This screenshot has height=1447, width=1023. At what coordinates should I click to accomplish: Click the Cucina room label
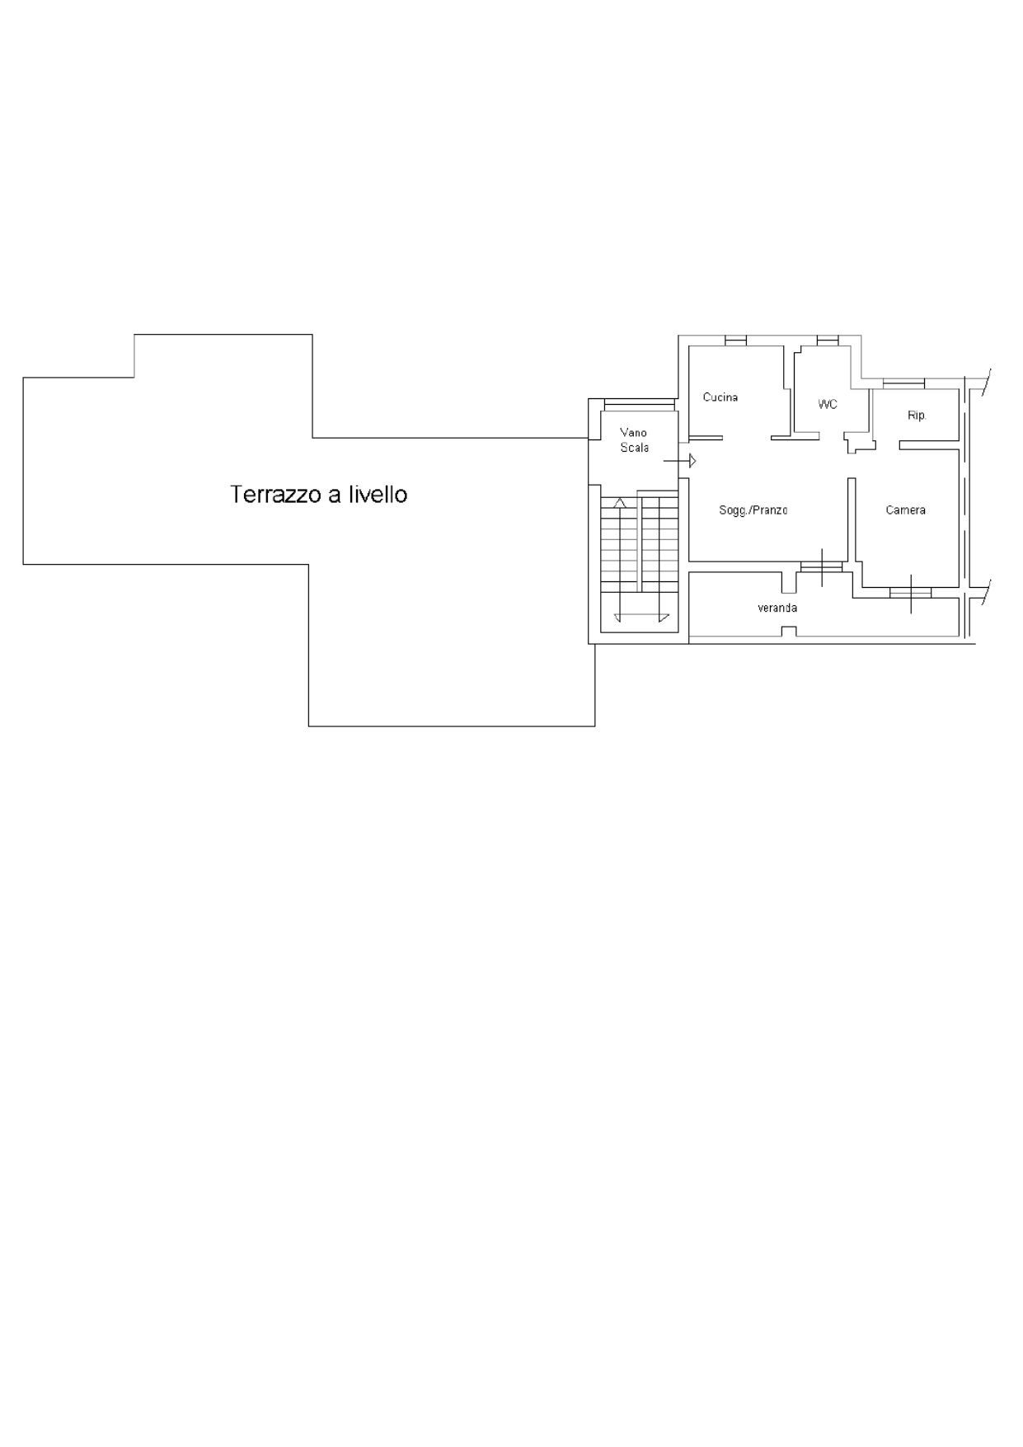(720, 397)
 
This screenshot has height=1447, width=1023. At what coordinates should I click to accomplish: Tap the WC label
(828, 404)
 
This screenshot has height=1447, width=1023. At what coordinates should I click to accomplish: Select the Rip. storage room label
(917, 416)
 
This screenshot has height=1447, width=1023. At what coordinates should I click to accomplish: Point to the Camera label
(905, 510)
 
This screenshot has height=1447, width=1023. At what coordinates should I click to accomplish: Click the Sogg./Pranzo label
(753, 510)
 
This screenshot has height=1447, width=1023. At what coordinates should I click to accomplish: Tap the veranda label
(777, 608)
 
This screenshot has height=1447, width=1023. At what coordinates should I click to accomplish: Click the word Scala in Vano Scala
(635, 448)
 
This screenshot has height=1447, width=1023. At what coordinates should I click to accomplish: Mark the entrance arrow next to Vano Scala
(680, 461)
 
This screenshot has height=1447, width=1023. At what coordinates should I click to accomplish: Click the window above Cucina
(735, 341)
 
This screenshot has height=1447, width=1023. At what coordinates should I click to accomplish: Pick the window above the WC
(828, 341)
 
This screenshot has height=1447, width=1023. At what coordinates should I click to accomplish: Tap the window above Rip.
(903, 383)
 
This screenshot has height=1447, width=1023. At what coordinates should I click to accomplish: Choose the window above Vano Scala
(640, 404)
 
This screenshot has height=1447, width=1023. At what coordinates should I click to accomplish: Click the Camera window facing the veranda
(911, 592)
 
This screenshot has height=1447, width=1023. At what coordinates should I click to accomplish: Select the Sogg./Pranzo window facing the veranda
(822, 566)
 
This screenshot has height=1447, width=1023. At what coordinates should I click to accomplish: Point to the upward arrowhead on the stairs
(620, 502)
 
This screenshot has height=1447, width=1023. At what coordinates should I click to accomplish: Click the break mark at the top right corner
(985, 383)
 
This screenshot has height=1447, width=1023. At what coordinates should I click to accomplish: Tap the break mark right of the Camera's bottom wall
(985, 593)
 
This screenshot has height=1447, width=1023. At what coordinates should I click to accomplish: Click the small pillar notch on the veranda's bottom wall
(789, 632)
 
